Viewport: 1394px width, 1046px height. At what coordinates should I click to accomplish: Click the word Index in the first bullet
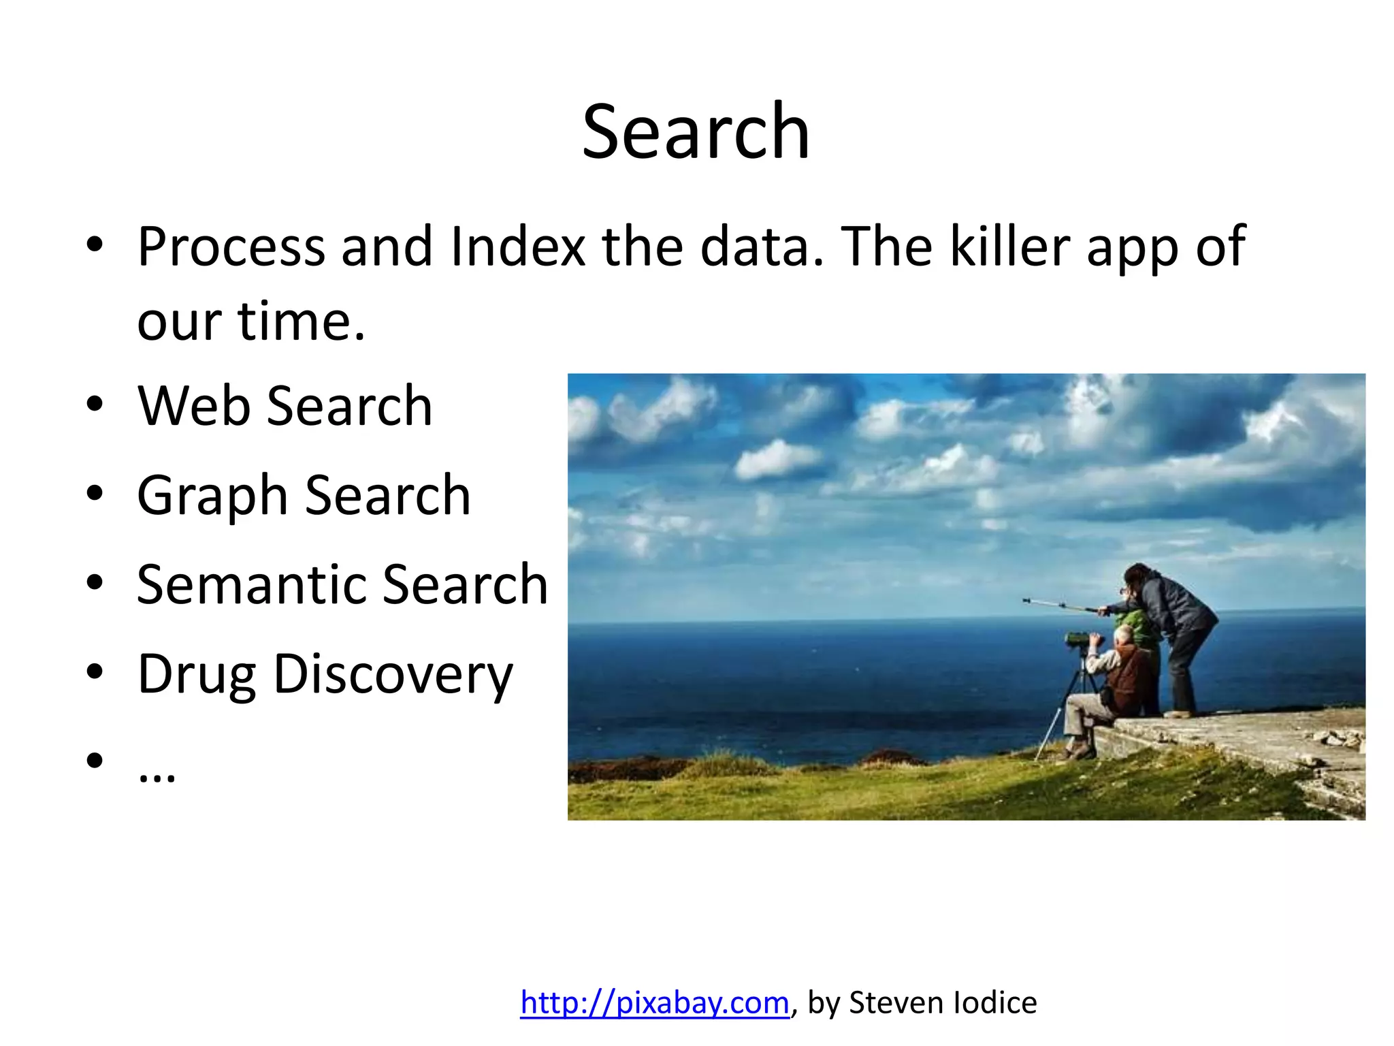click(x=517, y=247)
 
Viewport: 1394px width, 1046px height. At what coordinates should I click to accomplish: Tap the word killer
click(x=1009, y=247)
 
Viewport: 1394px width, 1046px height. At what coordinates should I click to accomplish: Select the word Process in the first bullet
click(x=231, y=247)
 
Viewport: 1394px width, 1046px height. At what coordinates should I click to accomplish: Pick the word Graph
click(x=212, y=496)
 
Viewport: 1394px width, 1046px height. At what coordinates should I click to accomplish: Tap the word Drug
click(x=197, y=674)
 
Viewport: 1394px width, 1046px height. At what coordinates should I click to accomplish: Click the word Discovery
click(x=393, y=674)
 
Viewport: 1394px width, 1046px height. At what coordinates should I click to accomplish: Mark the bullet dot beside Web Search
click(x=95, y=405)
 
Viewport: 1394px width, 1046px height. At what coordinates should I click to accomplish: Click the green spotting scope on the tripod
click(x=1077, y=639)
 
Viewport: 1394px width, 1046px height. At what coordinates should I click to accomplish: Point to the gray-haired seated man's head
click(x=1124, y=635)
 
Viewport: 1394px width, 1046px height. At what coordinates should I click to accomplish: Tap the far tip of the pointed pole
click(x=1025, y=600)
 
